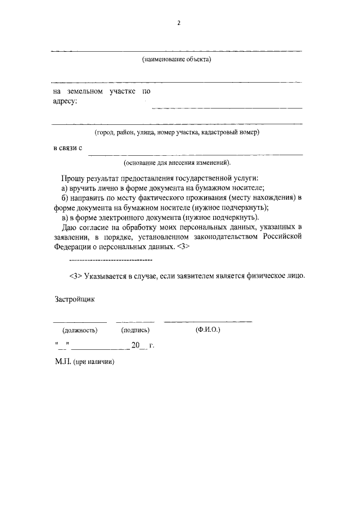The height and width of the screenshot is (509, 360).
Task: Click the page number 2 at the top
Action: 178,23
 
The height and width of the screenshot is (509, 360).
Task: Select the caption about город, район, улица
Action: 177,133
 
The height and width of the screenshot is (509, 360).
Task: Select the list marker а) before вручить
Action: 64,187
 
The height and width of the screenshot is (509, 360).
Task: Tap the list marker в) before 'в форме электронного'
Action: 64,217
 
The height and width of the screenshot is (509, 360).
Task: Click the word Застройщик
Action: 74,299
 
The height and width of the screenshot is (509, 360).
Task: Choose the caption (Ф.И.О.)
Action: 208,330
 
